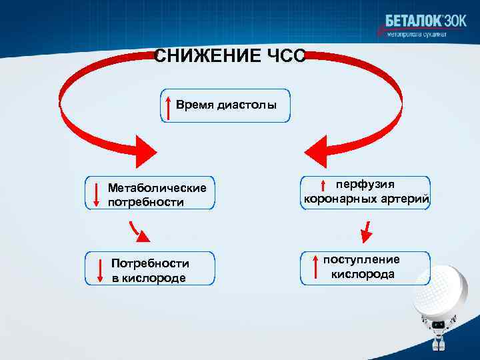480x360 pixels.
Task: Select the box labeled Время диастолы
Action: click(x=225, y=105)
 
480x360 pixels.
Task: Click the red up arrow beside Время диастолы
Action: click(x=169, y=107)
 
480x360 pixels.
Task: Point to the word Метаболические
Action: click(x=157, y=188)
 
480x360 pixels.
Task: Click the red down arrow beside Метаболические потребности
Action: click(x=97, y=193)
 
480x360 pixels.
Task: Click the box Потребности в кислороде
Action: click(x=150, y=269)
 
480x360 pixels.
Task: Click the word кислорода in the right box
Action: click(x=363, y=275)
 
